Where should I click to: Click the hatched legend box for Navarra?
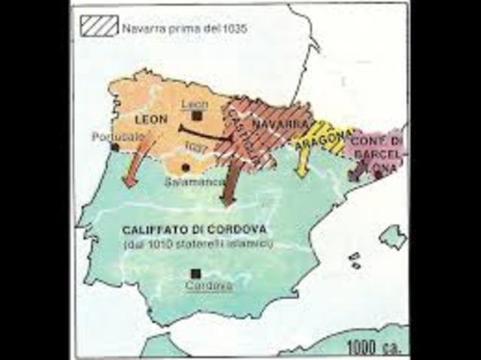[99, 27]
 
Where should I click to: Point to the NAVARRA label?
[269, 121]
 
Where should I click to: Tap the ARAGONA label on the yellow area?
[325, 138]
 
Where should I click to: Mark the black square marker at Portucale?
[114, 147]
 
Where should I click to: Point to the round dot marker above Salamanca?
[185, 167]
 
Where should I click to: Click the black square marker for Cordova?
[197, 274]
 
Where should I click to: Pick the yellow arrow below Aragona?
[302, 161]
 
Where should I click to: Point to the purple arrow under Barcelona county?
[355, 171]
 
